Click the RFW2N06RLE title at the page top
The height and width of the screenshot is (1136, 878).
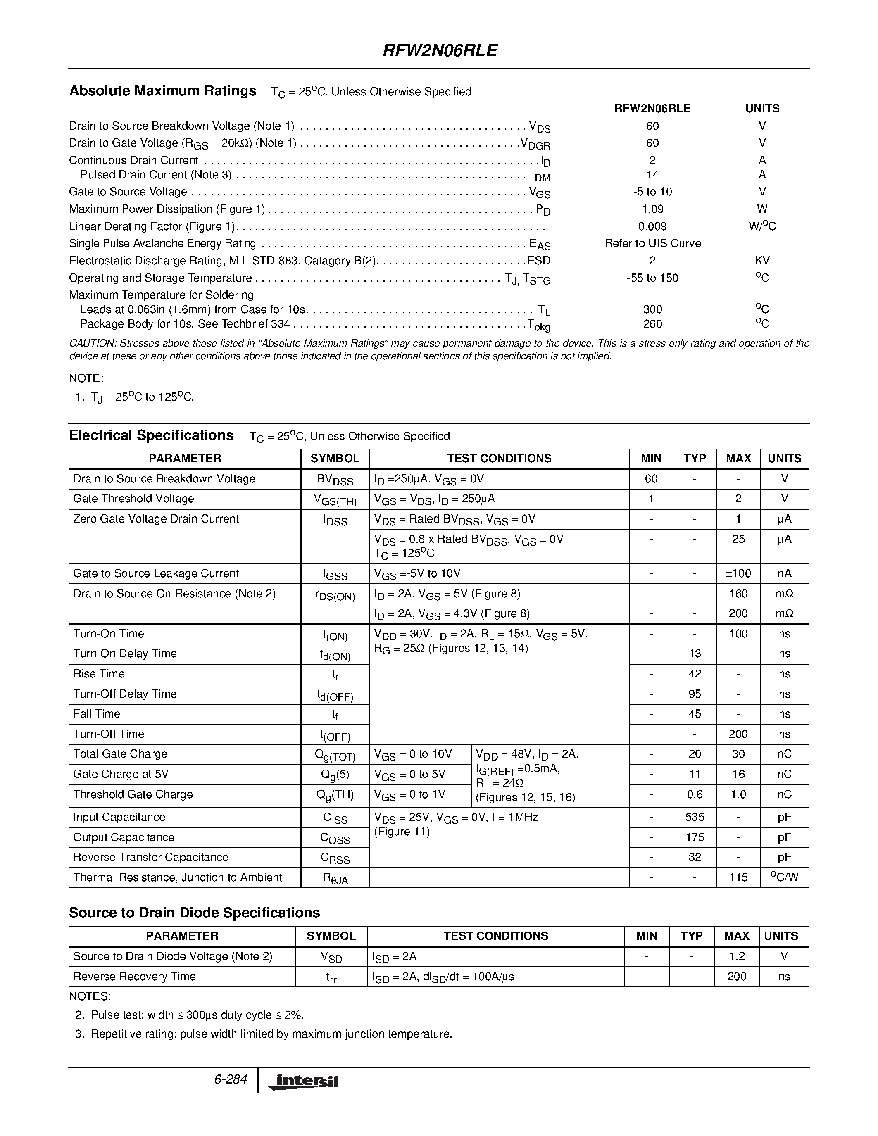point(440,50)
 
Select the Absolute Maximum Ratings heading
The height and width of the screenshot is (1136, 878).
point(163,91)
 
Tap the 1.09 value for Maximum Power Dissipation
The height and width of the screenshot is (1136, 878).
point(652,209)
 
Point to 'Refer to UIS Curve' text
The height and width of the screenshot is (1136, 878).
point(652,243)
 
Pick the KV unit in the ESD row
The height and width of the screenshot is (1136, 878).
point(762,261)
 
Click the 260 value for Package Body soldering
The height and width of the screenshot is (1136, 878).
point(652,324)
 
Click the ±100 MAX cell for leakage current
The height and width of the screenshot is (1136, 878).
point(738,573)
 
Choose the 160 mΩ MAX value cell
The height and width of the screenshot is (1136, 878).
point(738,594)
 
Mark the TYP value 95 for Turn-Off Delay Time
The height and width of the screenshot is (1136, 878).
point(695,694)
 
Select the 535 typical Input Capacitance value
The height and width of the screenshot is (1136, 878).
point(695,817)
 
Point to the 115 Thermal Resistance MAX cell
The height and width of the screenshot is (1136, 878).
point(738,877)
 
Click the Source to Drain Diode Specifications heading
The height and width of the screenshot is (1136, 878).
point(194,913)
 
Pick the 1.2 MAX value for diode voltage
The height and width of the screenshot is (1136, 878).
point(737,956)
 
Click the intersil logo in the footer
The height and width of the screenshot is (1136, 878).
point(303,1081)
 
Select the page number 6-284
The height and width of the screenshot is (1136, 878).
point(230,1079)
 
